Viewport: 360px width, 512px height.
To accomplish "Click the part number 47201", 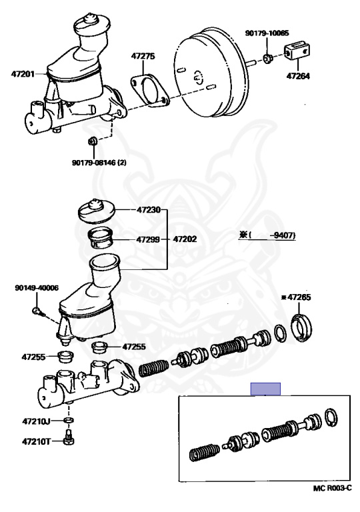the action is (x=23, y=74).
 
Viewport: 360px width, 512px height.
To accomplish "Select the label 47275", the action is (x=143, y=56).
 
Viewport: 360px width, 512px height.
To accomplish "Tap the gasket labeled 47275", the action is (x=150, y=91).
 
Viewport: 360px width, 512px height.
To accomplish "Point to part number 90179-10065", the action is (x=267, y=33).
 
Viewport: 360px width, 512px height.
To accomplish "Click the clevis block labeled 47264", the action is (x=297, y=50).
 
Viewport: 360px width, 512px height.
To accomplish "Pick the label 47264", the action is (x=298, y=76).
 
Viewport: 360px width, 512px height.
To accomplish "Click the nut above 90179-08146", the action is (x=93, y=141).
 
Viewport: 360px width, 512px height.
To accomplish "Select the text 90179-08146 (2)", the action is (x=99, y=162).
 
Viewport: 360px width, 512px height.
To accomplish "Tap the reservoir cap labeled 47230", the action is (x=97, y=212).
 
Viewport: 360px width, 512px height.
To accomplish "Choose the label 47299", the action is (x=148, y=240).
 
